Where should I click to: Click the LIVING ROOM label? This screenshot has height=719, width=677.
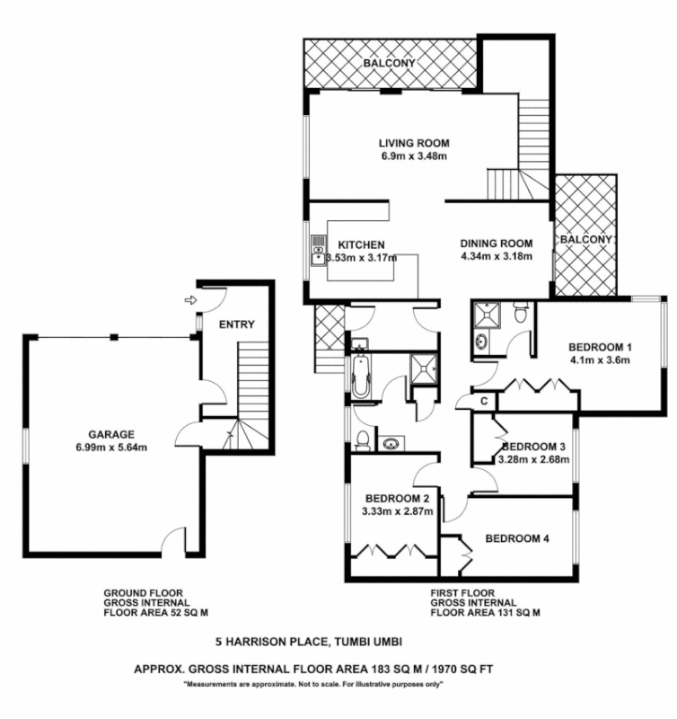[x=413, y=143]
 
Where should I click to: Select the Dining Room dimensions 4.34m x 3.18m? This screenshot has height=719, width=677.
[x=497, y=256]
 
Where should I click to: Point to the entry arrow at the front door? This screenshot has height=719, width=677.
[x=189, y=300]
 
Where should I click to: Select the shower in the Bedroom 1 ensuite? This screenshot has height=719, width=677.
[x=490, y=312]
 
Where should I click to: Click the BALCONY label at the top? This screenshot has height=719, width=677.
[x=390, y=64]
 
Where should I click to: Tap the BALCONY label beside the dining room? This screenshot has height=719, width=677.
[x=585, y=240]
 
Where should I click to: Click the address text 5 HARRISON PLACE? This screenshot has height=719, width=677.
[x=273, y=642]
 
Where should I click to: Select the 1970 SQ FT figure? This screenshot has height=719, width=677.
[x=465, y=670]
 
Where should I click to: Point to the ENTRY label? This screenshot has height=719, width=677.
[x=236, y=324]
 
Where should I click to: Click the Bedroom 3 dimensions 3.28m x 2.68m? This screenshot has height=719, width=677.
[x=533, y=460]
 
